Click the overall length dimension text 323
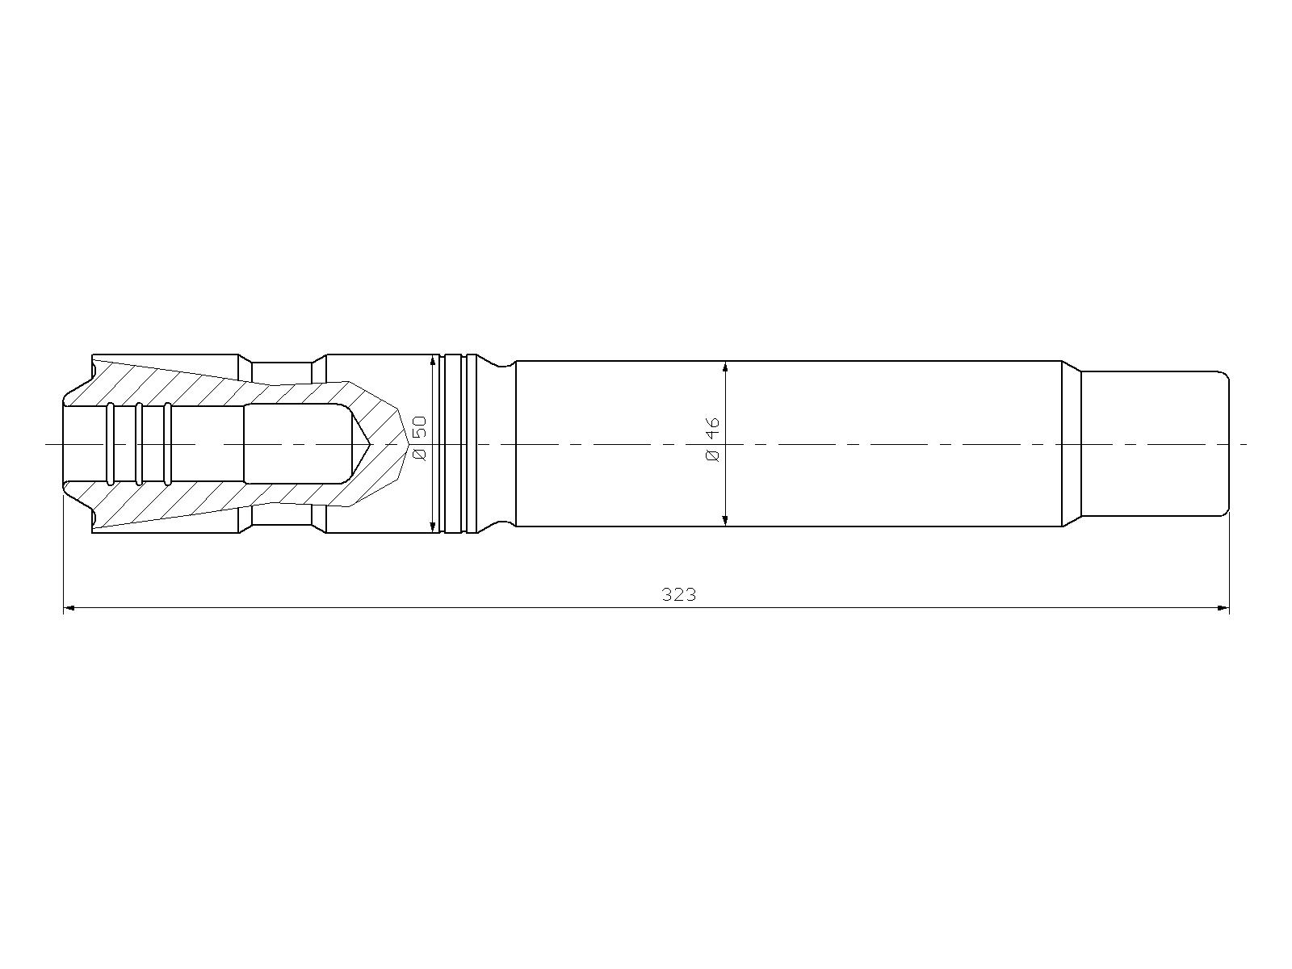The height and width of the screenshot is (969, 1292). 678,595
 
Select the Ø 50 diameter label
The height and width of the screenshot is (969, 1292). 420,438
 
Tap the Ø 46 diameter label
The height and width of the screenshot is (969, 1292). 712,439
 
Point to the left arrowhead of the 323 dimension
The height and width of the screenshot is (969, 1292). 69,608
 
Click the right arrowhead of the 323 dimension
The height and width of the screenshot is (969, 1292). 1223,608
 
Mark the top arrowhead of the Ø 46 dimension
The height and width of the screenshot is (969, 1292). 724,367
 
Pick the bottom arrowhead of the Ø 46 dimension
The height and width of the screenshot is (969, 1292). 724,520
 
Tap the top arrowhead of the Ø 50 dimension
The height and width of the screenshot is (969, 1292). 433,361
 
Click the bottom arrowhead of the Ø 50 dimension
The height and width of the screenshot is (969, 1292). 433,526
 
